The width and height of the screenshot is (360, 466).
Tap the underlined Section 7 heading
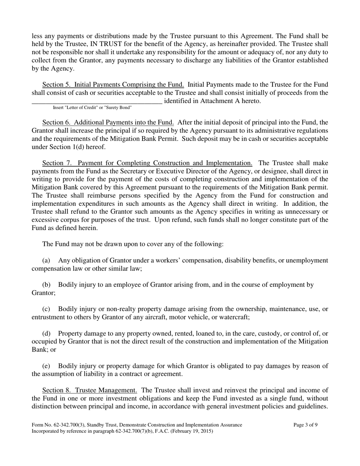(147, 163)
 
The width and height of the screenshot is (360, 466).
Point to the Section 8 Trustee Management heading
(89, 390)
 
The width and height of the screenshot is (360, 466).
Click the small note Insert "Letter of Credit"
(92, 108)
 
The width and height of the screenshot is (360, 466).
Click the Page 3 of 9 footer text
(305, 425)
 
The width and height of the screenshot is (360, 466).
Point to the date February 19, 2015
(193, 431)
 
